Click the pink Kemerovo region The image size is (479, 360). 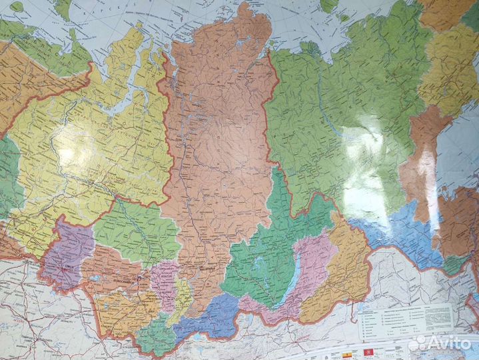(163, 280)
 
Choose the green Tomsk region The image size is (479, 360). (137, 230)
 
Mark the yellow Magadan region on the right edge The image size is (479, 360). (453, 60)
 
